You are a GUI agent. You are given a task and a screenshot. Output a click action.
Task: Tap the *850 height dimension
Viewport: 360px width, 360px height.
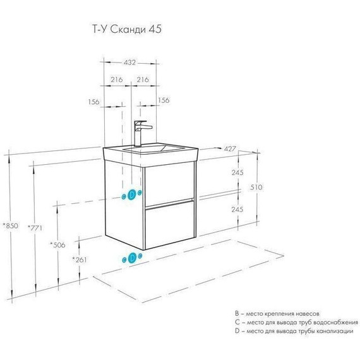(11, 224)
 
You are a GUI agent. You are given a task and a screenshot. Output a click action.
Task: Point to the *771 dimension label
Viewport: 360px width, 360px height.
(36, 228)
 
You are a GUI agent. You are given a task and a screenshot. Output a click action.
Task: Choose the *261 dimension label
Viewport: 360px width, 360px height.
(80, 260)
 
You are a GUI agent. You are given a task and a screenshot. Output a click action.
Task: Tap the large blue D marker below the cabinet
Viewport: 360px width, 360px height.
(132, 257)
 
